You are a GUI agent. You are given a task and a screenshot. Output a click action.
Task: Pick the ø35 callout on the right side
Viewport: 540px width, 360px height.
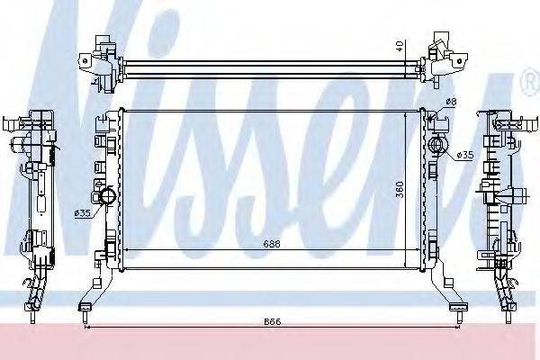point(465,155)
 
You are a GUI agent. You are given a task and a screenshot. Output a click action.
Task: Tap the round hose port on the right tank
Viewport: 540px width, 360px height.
point(438,145)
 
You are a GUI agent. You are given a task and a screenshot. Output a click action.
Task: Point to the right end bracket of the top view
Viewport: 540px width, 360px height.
point(445,55)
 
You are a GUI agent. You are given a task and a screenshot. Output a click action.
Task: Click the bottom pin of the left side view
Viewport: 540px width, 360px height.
point(33,314)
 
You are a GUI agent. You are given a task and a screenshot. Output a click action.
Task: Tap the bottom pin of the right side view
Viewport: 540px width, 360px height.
point(508,314)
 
